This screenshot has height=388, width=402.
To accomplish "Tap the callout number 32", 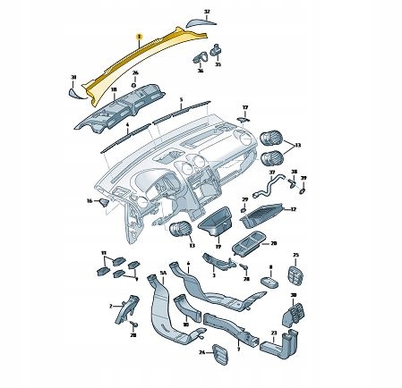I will tap(207, 12).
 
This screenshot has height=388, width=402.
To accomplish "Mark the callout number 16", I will tap(90, 201).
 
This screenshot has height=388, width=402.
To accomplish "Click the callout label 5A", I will tap(162, 277).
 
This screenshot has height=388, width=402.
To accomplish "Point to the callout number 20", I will tap(274, 242).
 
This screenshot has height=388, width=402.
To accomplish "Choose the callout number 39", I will tap(303, 177).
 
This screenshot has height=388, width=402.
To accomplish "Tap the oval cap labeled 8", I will tap(269, 280).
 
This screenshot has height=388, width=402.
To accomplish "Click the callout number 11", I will tap(103, 253).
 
